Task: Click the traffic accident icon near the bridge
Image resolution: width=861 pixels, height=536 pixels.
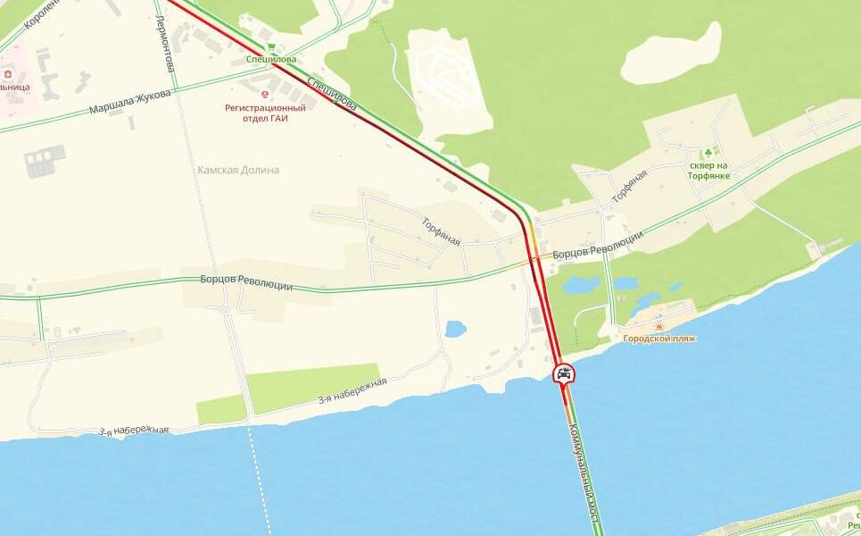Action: (x=563, y=374)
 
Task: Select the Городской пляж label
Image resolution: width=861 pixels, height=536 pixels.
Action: (x=659, y=339)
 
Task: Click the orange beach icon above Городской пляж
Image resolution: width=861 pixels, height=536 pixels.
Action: (x=659, y=326)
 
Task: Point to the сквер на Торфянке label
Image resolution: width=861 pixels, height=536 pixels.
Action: (x=709, y=171)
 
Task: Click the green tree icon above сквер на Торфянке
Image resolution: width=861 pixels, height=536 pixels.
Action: (x=709, y=153)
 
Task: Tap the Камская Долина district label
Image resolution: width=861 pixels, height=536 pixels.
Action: (x=238, y=170)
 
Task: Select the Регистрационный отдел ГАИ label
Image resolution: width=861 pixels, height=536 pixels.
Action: (x=264, y=113)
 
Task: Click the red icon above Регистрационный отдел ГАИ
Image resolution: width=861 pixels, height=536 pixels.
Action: (x=264, y=91)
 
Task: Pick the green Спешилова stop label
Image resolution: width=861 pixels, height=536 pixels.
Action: (x=271, y=60)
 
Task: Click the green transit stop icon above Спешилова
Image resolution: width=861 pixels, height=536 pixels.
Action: (x=271, y=46)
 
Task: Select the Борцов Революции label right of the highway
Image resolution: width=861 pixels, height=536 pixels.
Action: (x=597, y=244)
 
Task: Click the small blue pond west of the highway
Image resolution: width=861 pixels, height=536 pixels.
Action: (x=455, y=329)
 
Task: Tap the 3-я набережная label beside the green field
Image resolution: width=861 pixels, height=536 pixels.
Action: (x=352, y=391)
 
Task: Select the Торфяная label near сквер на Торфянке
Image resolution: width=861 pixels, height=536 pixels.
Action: (x=628, y=185)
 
